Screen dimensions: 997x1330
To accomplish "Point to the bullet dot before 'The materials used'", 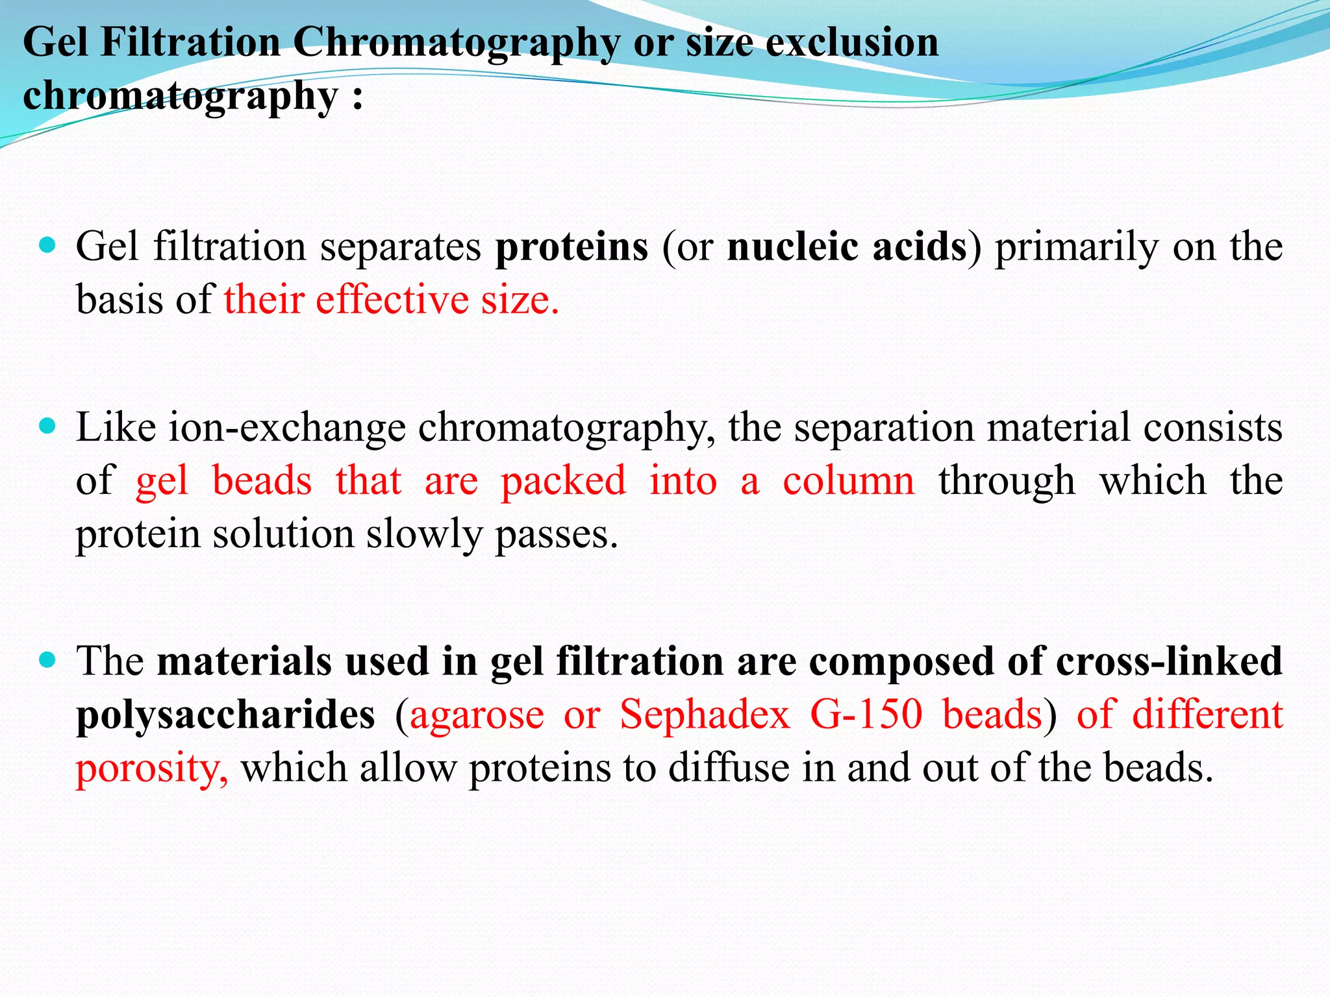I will pos(47,660).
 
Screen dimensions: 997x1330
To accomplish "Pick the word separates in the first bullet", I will pos(400,247).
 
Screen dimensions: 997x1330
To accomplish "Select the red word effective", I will pos(392,300).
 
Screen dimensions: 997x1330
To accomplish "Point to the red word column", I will pos(848,481).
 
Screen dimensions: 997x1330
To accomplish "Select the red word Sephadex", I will pos(705,715).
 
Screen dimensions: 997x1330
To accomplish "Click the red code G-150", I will pos(866,715).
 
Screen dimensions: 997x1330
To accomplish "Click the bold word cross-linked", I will pos(1169,661).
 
